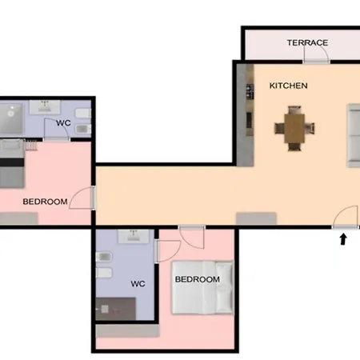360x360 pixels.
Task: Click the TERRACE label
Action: [x=307, y=42]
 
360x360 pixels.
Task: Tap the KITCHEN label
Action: [x=288, y=86]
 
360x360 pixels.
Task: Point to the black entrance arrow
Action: [x=343, y=239]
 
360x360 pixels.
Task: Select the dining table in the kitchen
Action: [x=294, y=128]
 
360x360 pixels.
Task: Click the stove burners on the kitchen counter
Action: [x=250, y=91]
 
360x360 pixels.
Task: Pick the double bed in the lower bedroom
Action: [x=202, y=287]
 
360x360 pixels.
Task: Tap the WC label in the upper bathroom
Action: [x=63, y=123]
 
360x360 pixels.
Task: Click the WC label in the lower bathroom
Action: [x=138, y=283]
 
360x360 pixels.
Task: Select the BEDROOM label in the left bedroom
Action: [x=45, y=202]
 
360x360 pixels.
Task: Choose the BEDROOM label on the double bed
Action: [x=198, y=279]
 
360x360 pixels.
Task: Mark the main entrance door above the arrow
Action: [x=345, y=217]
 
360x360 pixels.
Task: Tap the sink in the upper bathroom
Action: [x=45, y=107]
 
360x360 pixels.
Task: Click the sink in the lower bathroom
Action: [x=134, y=236]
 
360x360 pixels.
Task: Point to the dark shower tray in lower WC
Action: [x=116, y=309]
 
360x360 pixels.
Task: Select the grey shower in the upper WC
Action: [x=11, y=118]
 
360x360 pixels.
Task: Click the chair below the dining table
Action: [x=294, y=146]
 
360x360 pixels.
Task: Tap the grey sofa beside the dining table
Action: [x=354, y=136]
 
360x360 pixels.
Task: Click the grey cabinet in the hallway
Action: [x=256, y=218]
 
